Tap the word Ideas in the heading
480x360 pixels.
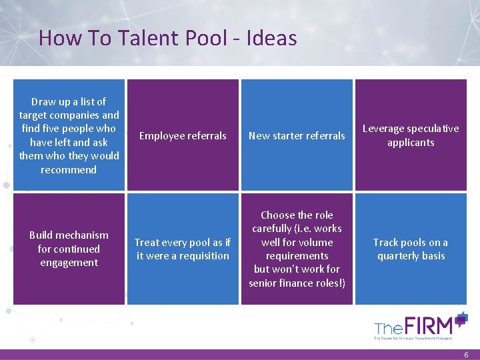point(271,38)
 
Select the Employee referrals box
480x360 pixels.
point(183,135)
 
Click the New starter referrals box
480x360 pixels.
point(297,135)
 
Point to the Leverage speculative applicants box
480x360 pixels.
point(411,135)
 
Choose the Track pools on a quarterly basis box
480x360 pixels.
point(411,249)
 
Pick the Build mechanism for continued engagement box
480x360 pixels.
point(69,249)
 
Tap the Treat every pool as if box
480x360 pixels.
point(183,249)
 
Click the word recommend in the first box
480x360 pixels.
point(69,169)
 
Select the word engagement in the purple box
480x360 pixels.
point(69,263)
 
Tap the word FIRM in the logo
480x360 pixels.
point(433,326)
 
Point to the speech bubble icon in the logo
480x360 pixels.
point(461,318)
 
